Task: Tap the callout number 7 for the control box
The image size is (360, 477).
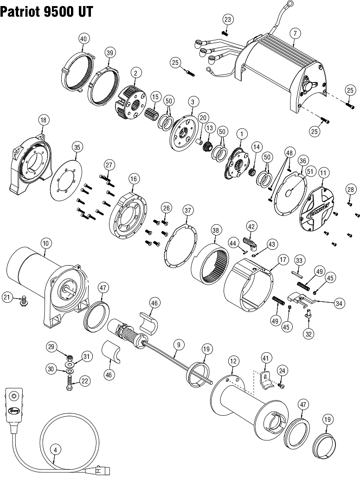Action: point(294,33)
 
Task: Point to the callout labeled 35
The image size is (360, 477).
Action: point(77,147)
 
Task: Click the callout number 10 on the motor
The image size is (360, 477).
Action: point(45,242)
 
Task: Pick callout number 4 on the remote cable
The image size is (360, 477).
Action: point(55,449)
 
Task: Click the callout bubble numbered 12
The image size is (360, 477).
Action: point(233,361)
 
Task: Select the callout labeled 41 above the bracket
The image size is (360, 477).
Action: point(265,358)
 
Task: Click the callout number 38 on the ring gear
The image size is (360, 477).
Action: point(216,230)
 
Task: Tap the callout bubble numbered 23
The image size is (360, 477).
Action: point(227,19)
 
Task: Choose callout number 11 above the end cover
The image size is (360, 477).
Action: point(323,172)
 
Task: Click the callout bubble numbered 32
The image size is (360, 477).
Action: point(308,332)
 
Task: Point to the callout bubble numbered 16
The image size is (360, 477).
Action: point(133,178)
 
